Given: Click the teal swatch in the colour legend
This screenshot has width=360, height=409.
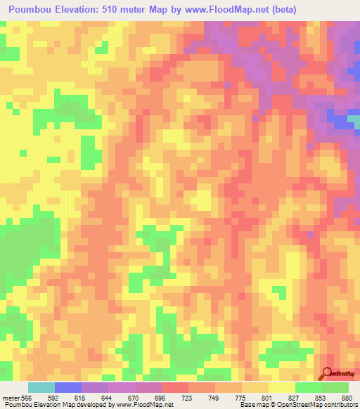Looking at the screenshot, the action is (x=41, y=387).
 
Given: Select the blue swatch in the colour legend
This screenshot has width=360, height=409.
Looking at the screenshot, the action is (x=68, y=387).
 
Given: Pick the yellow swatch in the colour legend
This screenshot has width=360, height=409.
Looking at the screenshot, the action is (x=282, y=387).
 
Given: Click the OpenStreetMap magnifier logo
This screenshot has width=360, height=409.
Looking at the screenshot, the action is (x=328, y=372).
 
